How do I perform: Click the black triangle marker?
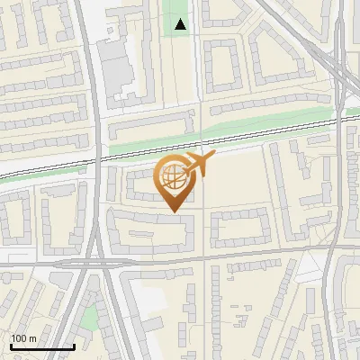click(x=181, y=24)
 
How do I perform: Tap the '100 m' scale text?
click(x=23, y=338)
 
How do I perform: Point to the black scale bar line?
click(x=41, y=346)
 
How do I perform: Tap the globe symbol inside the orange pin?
click(x=174, y=176)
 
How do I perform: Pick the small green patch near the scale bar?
click(x=88, y=317)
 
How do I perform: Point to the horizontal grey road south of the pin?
click(x=225, y=259)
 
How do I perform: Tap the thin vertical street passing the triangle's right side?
click(x=198, y=54)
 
